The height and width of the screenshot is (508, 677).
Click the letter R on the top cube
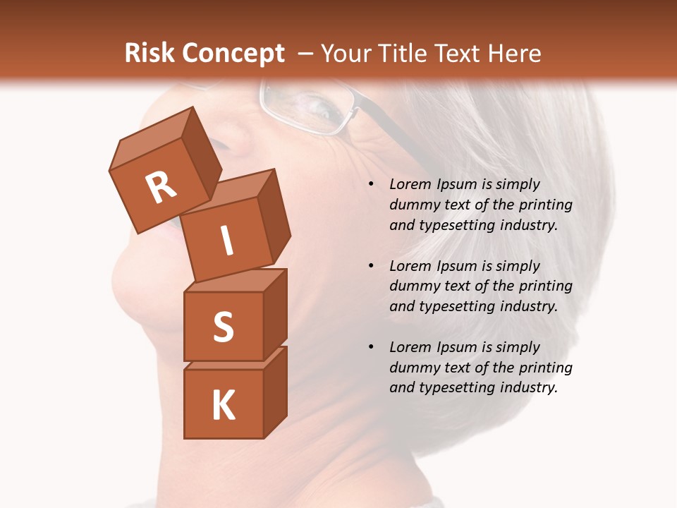pyautogui.click(x=161, y=187)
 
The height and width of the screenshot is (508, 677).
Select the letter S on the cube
pyautogui.click(x=223, y=327)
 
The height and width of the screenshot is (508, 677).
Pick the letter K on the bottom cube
pyautogui.click(x=223, y=406)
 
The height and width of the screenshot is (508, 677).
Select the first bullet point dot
pyautogui.click(x=371, y=184)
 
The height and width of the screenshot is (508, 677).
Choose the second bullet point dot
pyautogui.click(x=371, y=266)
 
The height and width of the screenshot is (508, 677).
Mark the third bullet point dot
pyautogui.click(x=371, y=347)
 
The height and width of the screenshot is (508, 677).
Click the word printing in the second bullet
pyautogui.click(x=545, y=286)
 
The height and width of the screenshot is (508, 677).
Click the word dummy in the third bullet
pyautogui.click(x=413, y=368)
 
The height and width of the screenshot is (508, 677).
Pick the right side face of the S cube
pyautogui.click(x=275, y=314)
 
